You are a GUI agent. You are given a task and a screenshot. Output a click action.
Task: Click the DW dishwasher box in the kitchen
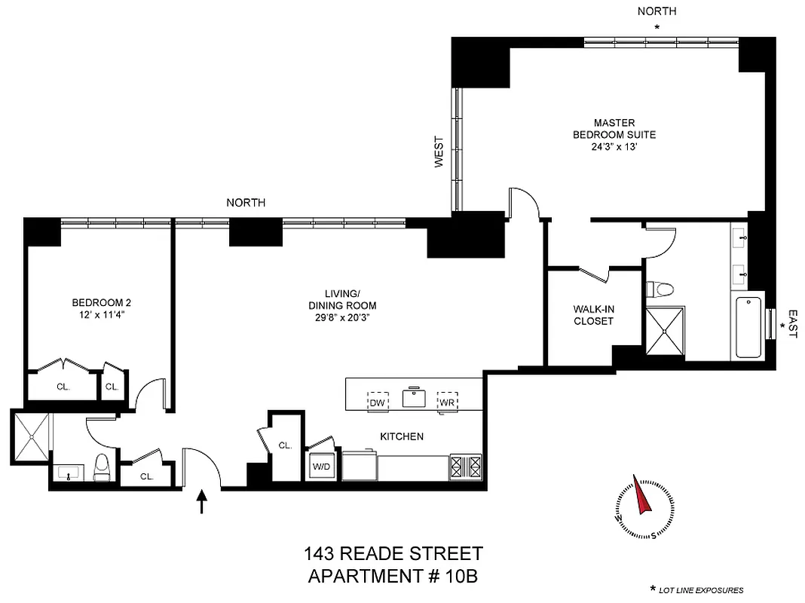pos(377,403)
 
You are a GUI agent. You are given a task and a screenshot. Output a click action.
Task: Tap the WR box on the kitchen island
pos(448,403)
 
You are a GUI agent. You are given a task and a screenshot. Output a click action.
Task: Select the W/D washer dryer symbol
pos(321,466)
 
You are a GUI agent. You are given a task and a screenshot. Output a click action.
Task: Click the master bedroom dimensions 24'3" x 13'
pos(614,148)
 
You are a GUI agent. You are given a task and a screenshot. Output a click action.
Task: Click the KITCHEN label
pos(401,436)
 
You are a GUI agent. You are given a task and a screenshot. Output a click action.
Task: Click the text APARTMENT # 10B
pos(393,577)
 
